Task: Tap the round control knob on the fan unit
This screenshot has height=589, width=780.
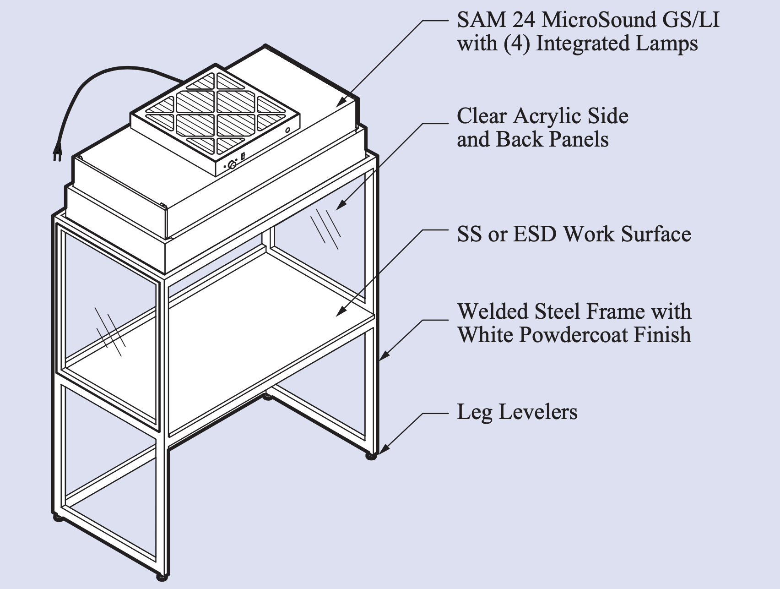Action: coord(232,166)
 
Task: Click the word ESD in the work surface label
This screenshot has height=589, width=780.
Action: coord(535,234)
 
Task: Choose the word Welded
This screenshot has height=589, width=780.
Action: coord(493,312)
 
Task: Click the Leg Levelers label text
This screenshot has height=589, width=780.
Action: coord(517,412)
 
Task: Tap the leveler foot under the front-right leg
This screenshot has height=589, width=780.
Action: coord(371,456)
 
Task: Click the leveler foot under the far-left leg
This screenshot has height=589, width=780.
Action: coord(59,518)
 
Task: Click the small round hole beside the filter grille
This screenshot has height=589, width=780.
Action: coord(287,131)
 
